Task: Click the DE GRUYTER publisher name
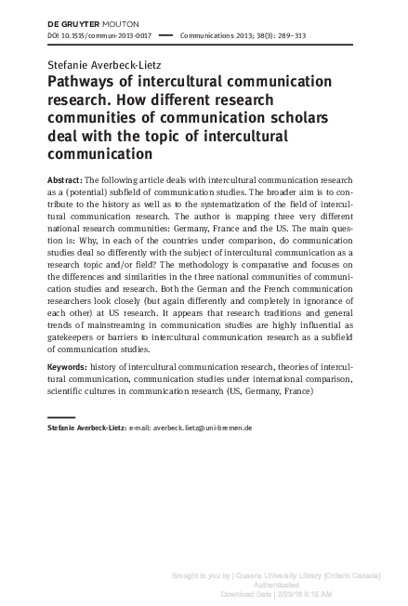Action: coord(72,20)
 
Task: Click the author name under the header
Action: coord(100,63)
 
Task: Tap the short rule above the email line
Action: coord(60,417)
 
